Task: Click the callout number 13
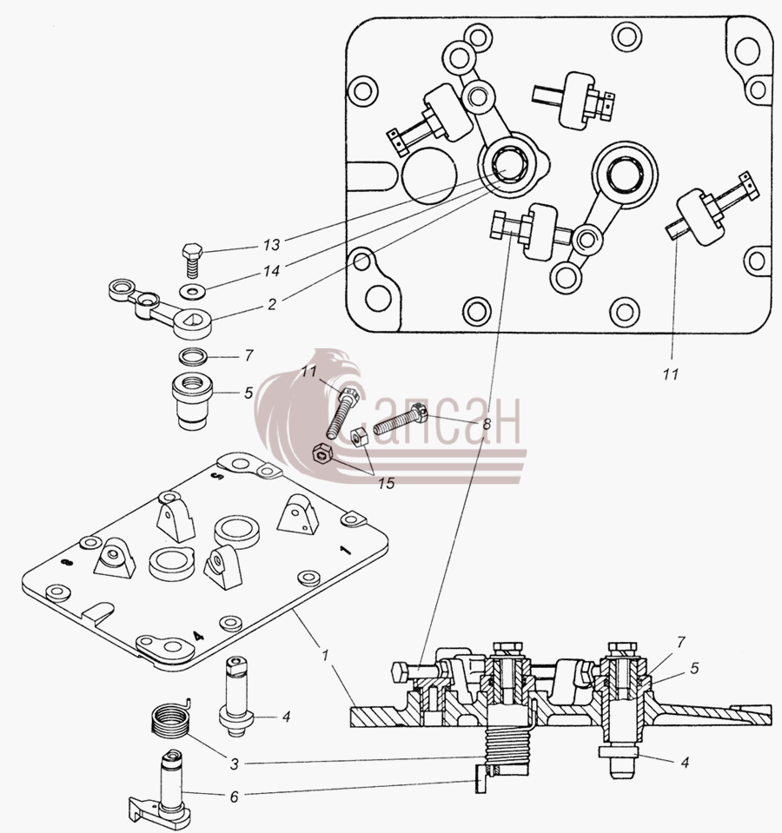(x=271, y=245)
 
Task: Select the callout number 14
(x=271, y=272)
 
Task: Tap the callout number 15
(x=388, y=484)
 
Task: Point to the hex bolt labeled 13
(x=192, y=260)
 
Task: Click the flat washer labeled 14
(x=190, y=291)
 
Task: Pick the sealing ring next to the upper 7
(x=193, y=355)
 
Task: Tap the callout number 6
(x=235, y=797)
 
